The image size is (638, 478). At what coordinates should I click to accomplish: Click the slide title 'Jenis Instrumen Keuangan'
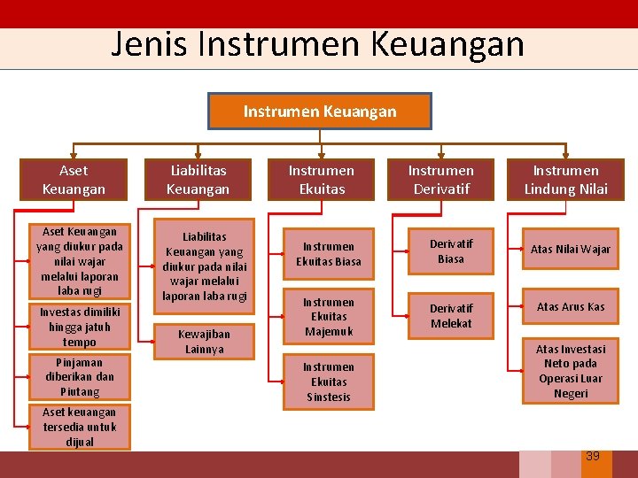(317, 44)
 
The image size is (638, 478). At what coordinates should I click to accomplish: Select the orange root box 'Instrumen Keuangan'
(320, 112)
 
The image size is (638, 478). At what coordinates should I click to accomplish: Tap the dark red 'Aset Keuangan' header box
(74, 180)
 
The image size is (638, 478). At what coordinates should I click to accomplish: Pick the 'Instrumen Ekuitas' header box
(321, 180)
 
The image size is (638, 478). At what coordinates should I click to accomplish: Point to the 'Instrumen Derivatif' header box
(440, 180)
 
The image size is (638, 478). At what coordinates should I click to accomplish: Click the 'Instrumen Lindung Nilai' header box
(565, 180)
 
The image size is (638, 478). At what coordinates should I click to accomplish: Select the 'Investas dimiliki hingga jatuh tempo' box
(80, 327)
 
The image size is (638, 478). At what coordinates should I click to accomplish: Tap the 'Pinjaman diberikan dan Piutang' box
(80, 377)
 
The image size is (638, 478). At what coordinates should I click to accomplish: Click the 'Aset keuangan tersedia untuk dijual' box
(80, 427)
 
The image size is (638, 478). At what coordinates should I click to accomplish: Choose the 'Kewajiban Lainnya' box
(204, 342)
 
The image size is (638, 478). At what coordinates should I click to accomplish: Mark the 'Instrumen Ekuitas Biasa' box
(328, 254)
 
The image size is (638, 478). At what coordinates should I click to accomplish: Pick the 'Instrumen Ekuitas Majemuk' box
(328, 317)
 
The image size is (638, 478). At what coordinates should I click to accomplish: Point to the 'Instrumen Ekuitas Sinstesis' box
(328, 382)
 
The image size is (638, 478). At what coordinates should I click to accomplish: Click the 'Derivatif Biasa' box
(451, 251)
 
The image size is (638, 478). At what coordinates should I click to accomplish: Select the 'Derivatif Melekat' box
(451, 316)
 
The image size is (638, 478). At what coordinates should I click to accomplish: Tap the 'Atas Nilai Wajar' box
(571, 250)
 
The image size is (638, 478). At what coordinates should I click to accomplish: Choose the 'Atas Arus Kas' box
(571, 307)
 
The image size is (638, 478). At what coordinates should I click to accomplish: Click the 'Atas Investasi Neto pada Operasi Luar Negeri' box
(571, 371)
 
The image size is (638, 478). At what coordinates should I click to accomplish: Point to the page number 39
(593, 456)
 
